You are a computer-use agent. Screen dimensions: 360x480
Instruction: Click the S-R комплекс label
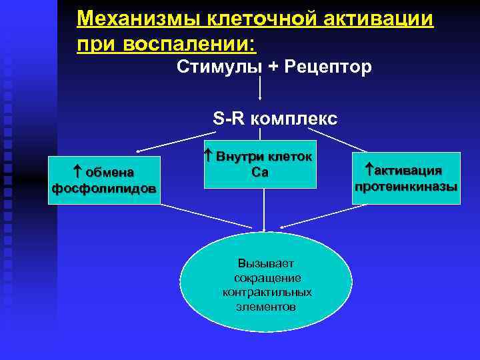(x=275, y=119)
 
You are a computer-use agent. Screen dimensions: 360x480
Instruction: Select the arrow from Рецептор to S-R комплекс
(x=259, y=90)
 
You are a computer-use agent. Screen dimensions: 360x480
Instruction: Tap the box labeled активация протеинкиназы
(x=406, y=178)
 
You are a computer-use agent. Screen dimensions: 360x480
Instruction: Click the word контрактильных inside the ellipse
(x=267, y=293)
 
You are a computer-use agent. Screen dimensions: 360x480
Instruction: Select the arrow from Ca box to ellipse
(x=265, y=210)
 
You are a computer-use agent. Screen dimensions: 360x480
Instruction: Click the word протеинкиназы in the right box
(x=406, y=187)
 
